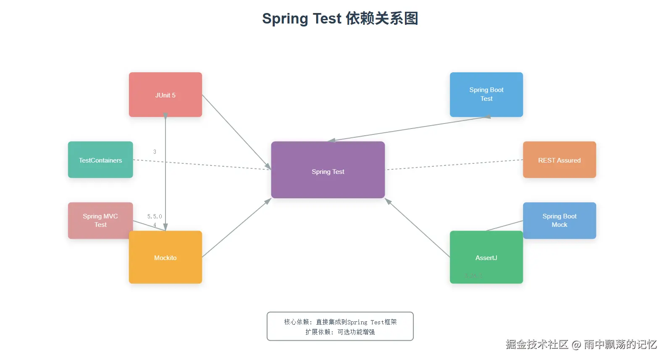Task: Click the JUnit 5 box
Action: point(165,95)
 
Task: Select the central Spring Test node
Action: point(328,170)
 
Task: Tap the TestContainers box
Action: point(100,160)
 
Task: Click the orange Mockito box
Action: point(165,257)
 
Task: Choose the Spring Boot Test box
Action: point(486,95)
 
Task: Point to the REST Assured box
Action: point(559,160)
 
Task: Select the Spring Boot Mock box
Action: point(559,221)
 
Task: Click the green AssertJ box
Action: point(486,257)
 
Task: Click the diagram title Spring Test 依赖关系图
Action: point(340,18)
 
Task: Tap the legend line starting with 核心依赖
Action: point(340,322)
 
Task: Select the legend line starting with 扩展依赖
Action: point(340,332)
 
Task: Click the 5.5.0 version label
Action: point(154,216)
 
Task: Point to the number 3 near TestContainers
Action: point(155,152)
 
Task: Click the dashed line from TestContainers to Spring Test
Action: point(210,165)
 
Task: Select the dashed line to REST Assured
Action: point(454,165)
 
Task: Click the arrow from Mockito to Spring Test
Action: point(236,228)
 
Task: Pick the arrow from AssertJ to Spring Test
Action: point(418,228)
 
